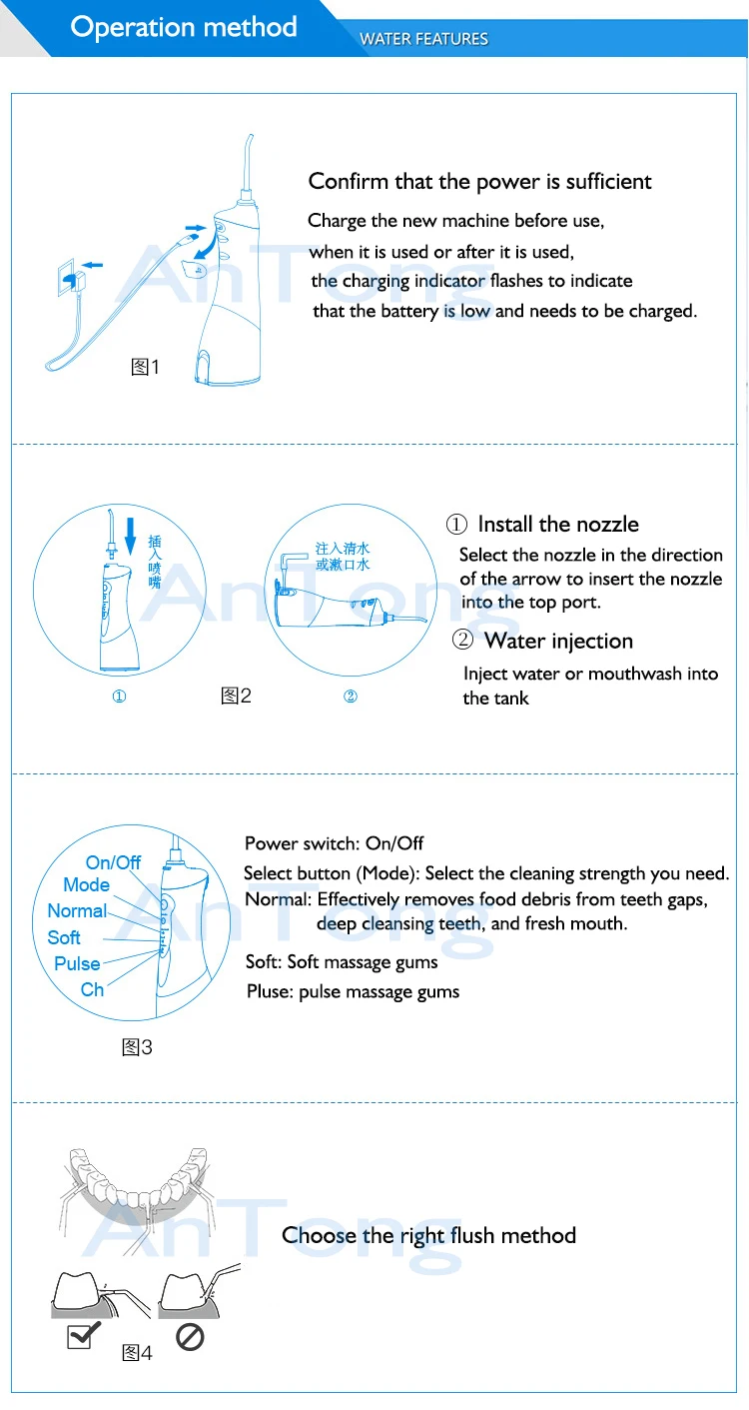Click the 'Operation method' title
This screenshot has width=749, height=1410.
183,27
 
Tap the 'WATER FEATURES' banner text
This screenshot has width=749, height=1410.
423,39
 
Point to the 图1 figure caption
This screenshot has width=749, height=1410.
145,367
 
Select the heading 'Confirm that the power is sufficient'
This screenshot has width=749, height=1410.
479,181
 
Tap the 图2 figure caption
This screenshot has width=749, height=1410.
236,696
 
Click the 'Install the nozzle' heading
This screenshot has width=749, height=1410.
558,524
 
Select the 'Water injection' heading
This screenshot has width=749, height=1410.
558,641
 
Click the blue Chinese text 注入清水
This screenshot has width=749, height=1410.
343,549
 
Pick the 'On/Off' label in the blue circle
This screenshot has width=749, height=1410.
113,862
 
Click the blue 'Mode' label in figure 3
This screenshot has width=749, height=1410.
87,885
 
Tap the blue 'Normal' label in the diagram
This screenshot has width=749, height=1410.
77,910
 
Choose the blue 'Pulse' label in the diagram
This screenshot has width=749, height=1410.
77,963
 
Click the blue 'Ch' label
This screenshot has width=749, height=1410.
92,989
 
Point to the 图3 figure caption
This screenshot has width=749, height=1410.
137,1047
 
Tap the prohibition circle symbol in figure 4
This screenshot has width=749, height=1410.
190,1336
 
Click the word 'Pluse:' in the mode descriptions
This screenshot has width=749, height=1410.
270,991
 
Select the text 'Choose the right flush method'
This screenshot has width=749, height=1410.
428,1236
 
